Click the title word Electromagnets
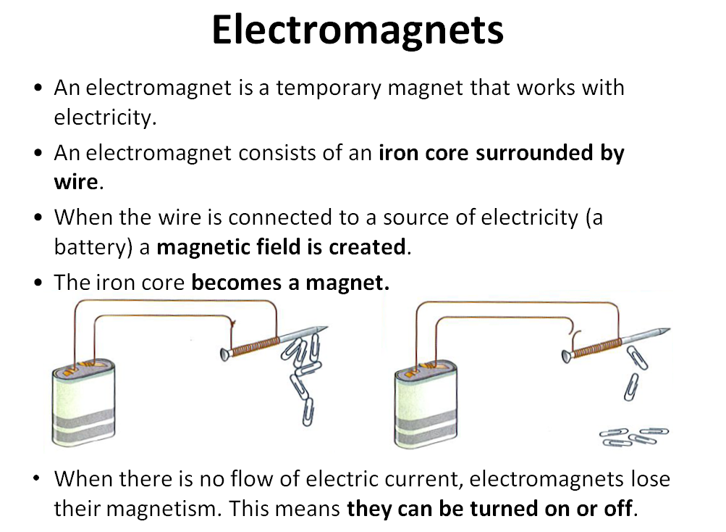[358, 30]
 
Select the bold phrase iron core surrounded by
[501, 153]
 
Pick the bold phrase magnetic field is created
[281, 246]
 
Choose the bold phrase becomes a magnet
[290, 282]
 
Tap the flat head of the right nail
[566, 355]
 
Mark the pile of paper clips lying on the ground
[634, 436]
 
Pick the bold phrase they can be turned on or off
[490, 507]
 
